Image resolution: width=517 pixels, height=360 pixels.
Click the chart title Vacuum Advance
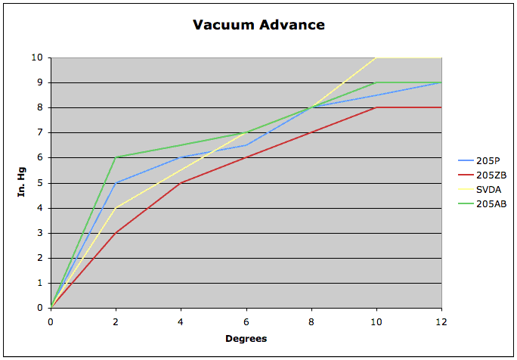coord(258,25)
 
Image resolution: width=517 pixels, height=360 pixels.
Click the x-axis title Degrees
coord(246,338)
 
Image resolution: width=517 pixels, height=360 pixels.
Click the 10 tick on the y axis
coord(37,57)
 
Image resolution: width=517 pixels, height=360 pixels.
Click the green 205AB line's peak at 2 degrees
coord(116,157)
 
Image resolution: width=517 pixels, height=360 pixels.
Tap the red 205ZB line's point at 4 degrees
coord(181,182)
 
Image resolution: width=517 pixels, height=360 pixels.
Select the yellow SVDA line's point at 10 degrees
coord(376,57)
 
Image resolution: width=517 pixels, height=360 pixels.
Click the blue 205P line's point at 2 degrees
coord(116,182)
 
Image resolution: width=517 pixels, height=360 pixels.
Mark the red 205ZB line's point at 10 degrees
coord(376,107)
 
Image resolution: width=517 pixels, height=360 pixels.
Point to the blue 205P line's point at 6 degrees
coord(246,144)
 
